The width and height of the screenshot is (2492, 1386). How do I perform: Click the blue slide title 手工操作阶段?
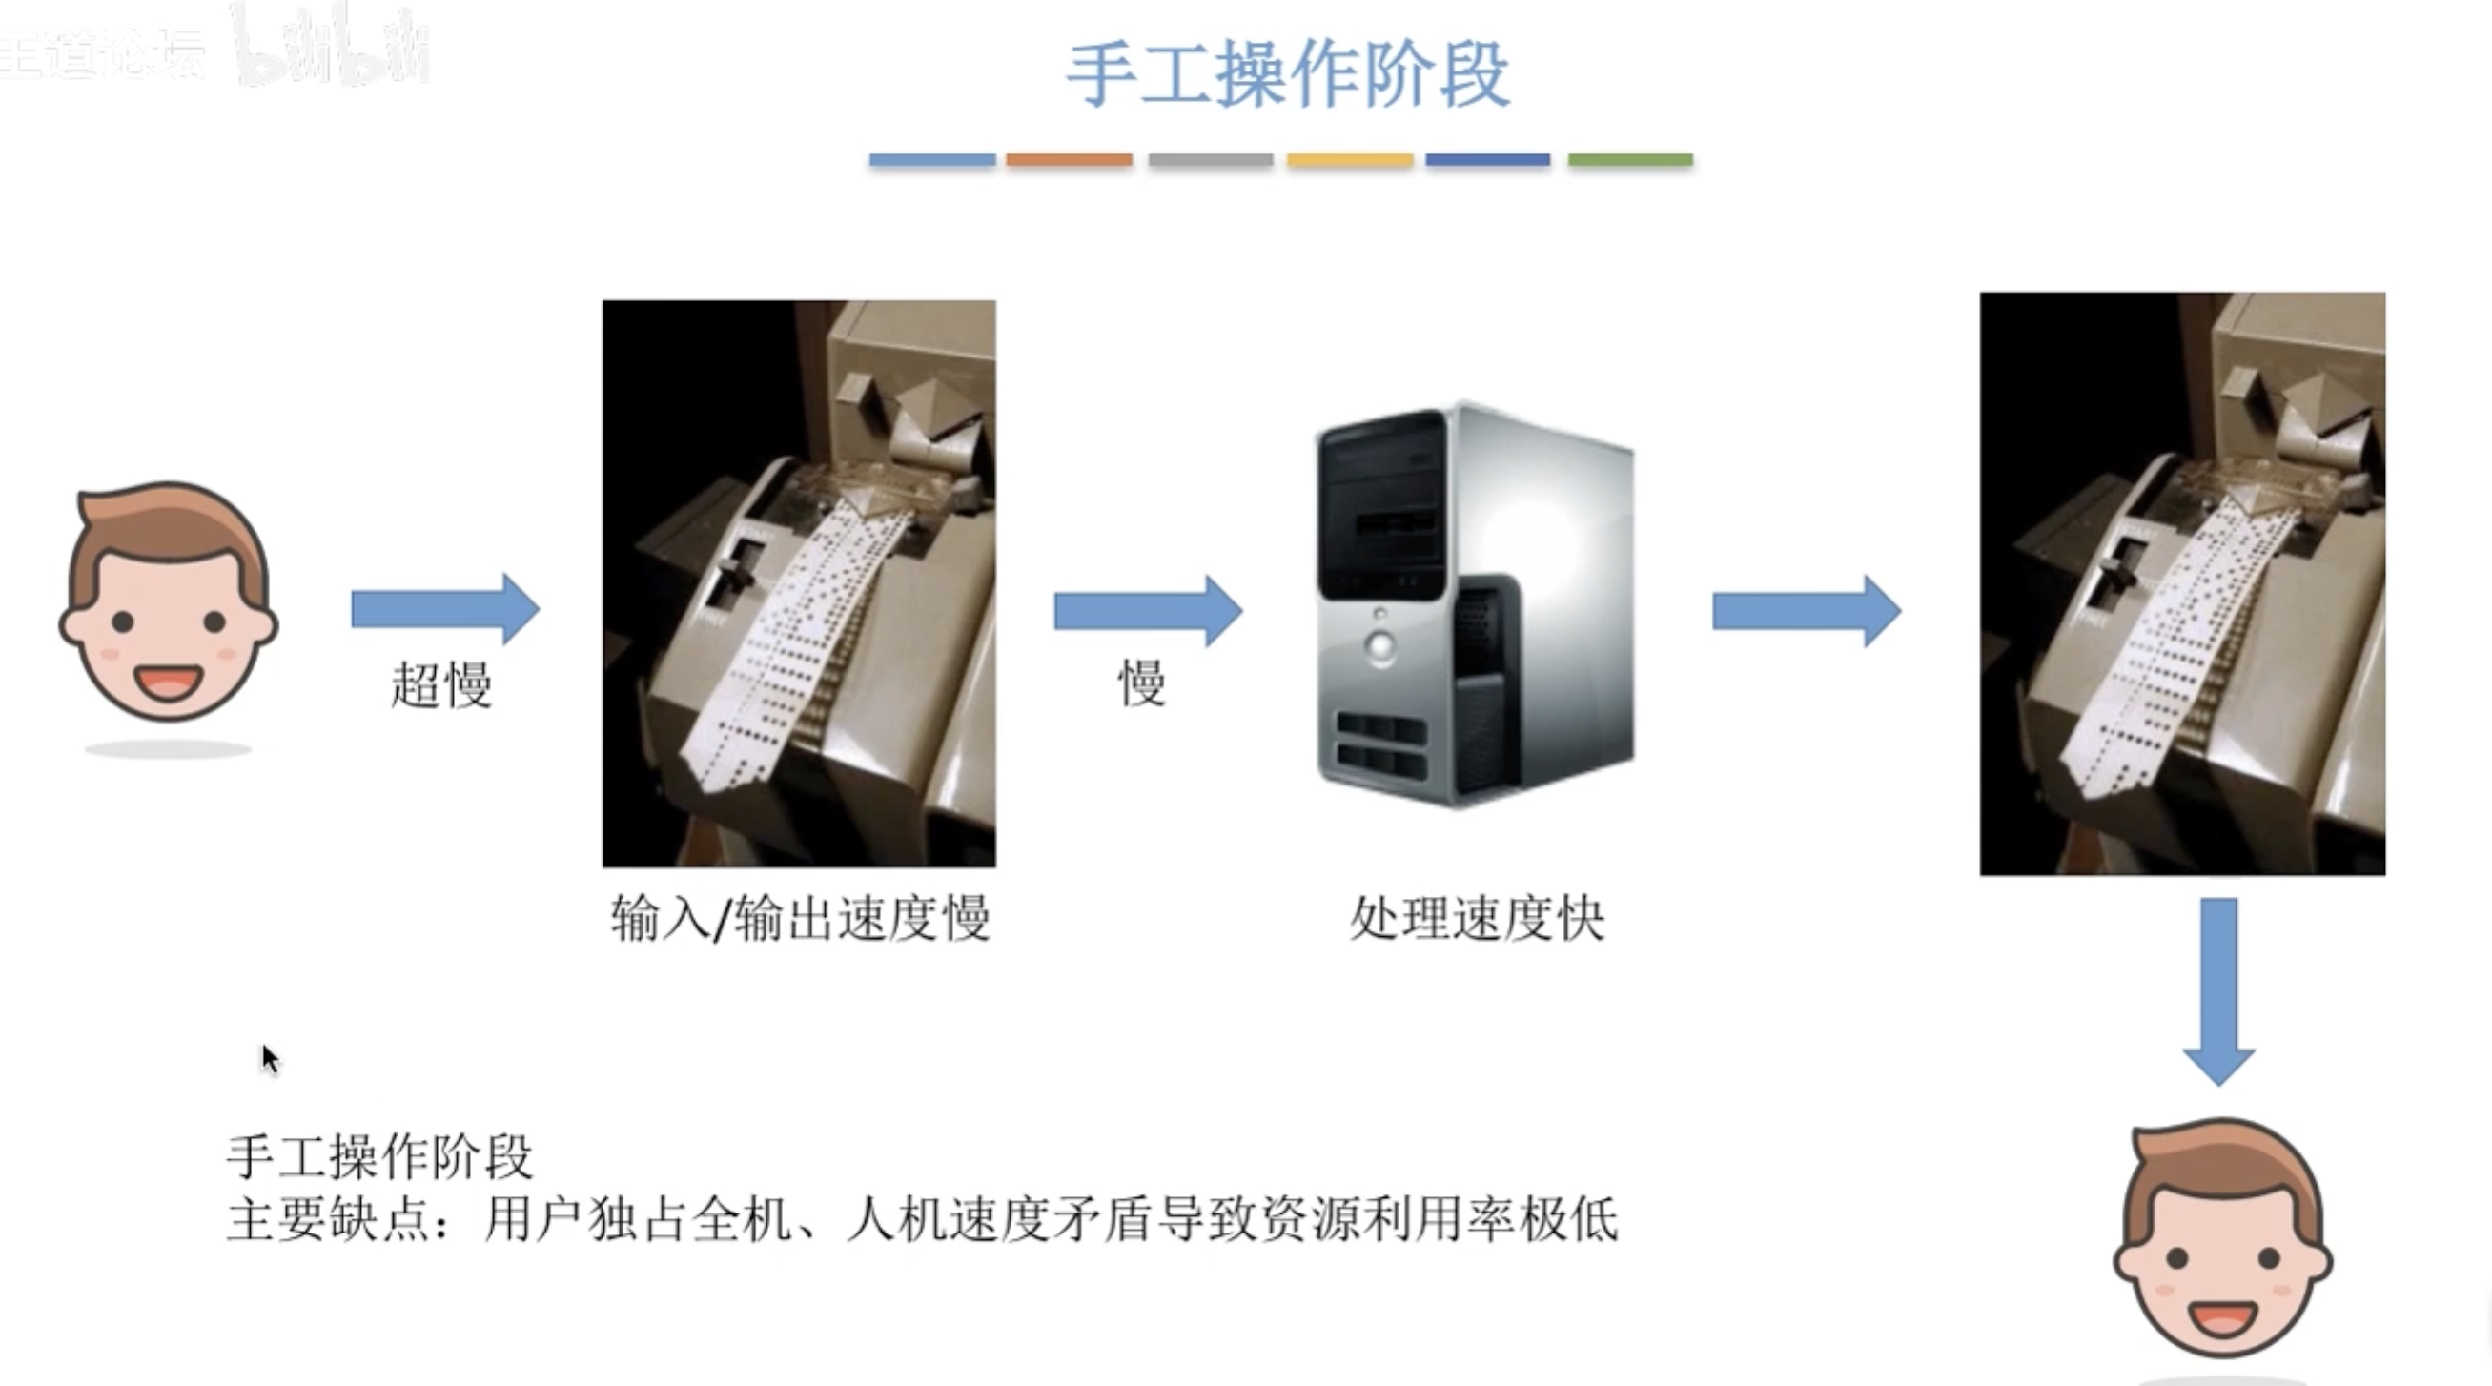click(x=1288, y=74)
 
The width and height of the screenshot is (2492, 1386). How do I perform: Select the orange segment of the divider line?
click(x=1069, y=159)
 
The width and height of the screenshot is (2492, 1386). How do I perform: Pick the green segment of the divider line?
click(x=1630, y=159)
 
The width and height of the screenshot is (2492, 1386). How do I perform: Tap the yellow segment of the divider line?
click(x=1350, y=159)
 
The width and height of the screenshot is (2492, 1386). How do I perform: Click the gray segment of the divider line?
click(x=1210, y=159)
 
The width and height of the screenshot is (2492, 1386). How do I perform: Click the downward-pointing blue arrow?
click(x=2219, y=990)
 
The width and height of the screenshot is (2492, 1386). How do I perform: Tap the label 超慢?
click(x=441, y=684)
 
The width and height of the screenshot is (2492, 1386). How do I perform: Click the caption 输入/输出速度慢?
click(x=800, y=918)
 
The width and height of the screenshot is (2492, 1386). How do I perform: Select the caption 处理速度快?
click(x=1478, y=918)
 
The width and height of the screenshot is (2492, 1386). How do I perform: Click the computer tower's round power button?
click(x=1380, y=644)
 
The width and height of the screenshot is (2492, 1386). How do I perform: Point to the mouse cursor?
click(x=269, y=1057)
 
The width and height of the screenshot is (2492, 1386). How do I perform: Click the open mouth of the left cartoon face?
click(x=169, y=682)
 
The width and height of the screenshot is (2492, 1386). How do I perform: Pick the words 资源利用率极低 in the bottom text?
click(x=1440, y=1218)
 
